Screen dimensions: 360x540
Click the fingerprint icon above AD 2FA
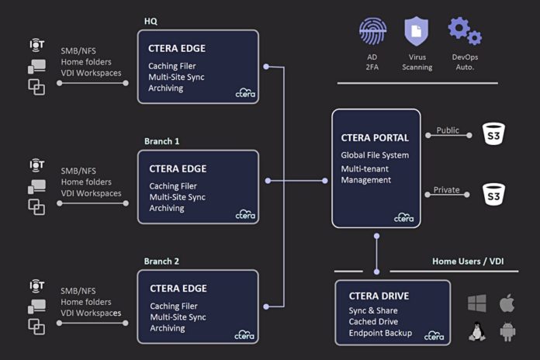point(373,31)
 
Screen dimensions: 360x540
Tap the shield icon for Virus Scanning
point(417,31)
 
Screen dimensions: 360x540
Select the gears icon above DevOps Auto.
point(464,31)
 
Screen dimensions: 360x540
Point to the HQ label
point(151,21)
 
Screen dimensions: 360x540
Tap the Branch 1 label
point(161,141)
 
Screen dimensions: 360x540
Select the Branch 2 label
point(161,261)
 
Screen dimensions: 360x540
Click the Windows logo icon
point(478,303)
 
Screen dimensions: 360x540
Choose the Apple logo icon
point(507,303)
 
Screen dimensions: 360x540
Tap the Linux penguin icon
point(478,331)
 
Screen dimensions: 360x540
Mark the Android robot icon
point(507,331)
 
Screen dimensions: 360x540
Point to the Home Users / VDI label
point(467,261)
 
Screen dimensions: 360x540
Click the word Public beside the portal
point(448,130)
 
